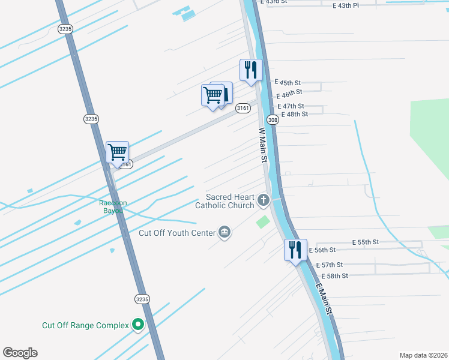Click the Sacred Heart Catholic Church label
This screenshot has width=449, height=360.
point(225,201)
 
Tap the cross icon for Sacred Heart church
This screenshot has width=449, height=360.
point(263,200)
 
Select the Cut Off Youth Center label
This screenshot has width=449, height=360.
point(177,233)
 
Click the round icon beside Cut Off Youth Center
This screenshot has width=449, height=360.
point(224,232)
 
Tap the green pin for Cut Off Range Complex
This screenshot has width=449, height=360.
point(138,325)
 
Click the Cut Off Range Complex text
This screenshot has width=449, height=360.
point(85,325)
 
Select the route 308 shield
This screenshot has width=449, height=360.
point(273,120)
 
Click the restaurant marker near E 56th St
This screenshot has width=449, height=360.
point(295,249)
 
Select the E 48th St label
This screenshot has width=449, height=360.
point(294,114)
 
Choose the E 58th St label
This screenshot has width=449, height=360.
point(334,275)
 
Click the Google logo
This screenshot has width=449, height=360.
point(20,353)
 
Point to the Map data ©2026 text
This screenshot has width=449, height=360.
point(423,355)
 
